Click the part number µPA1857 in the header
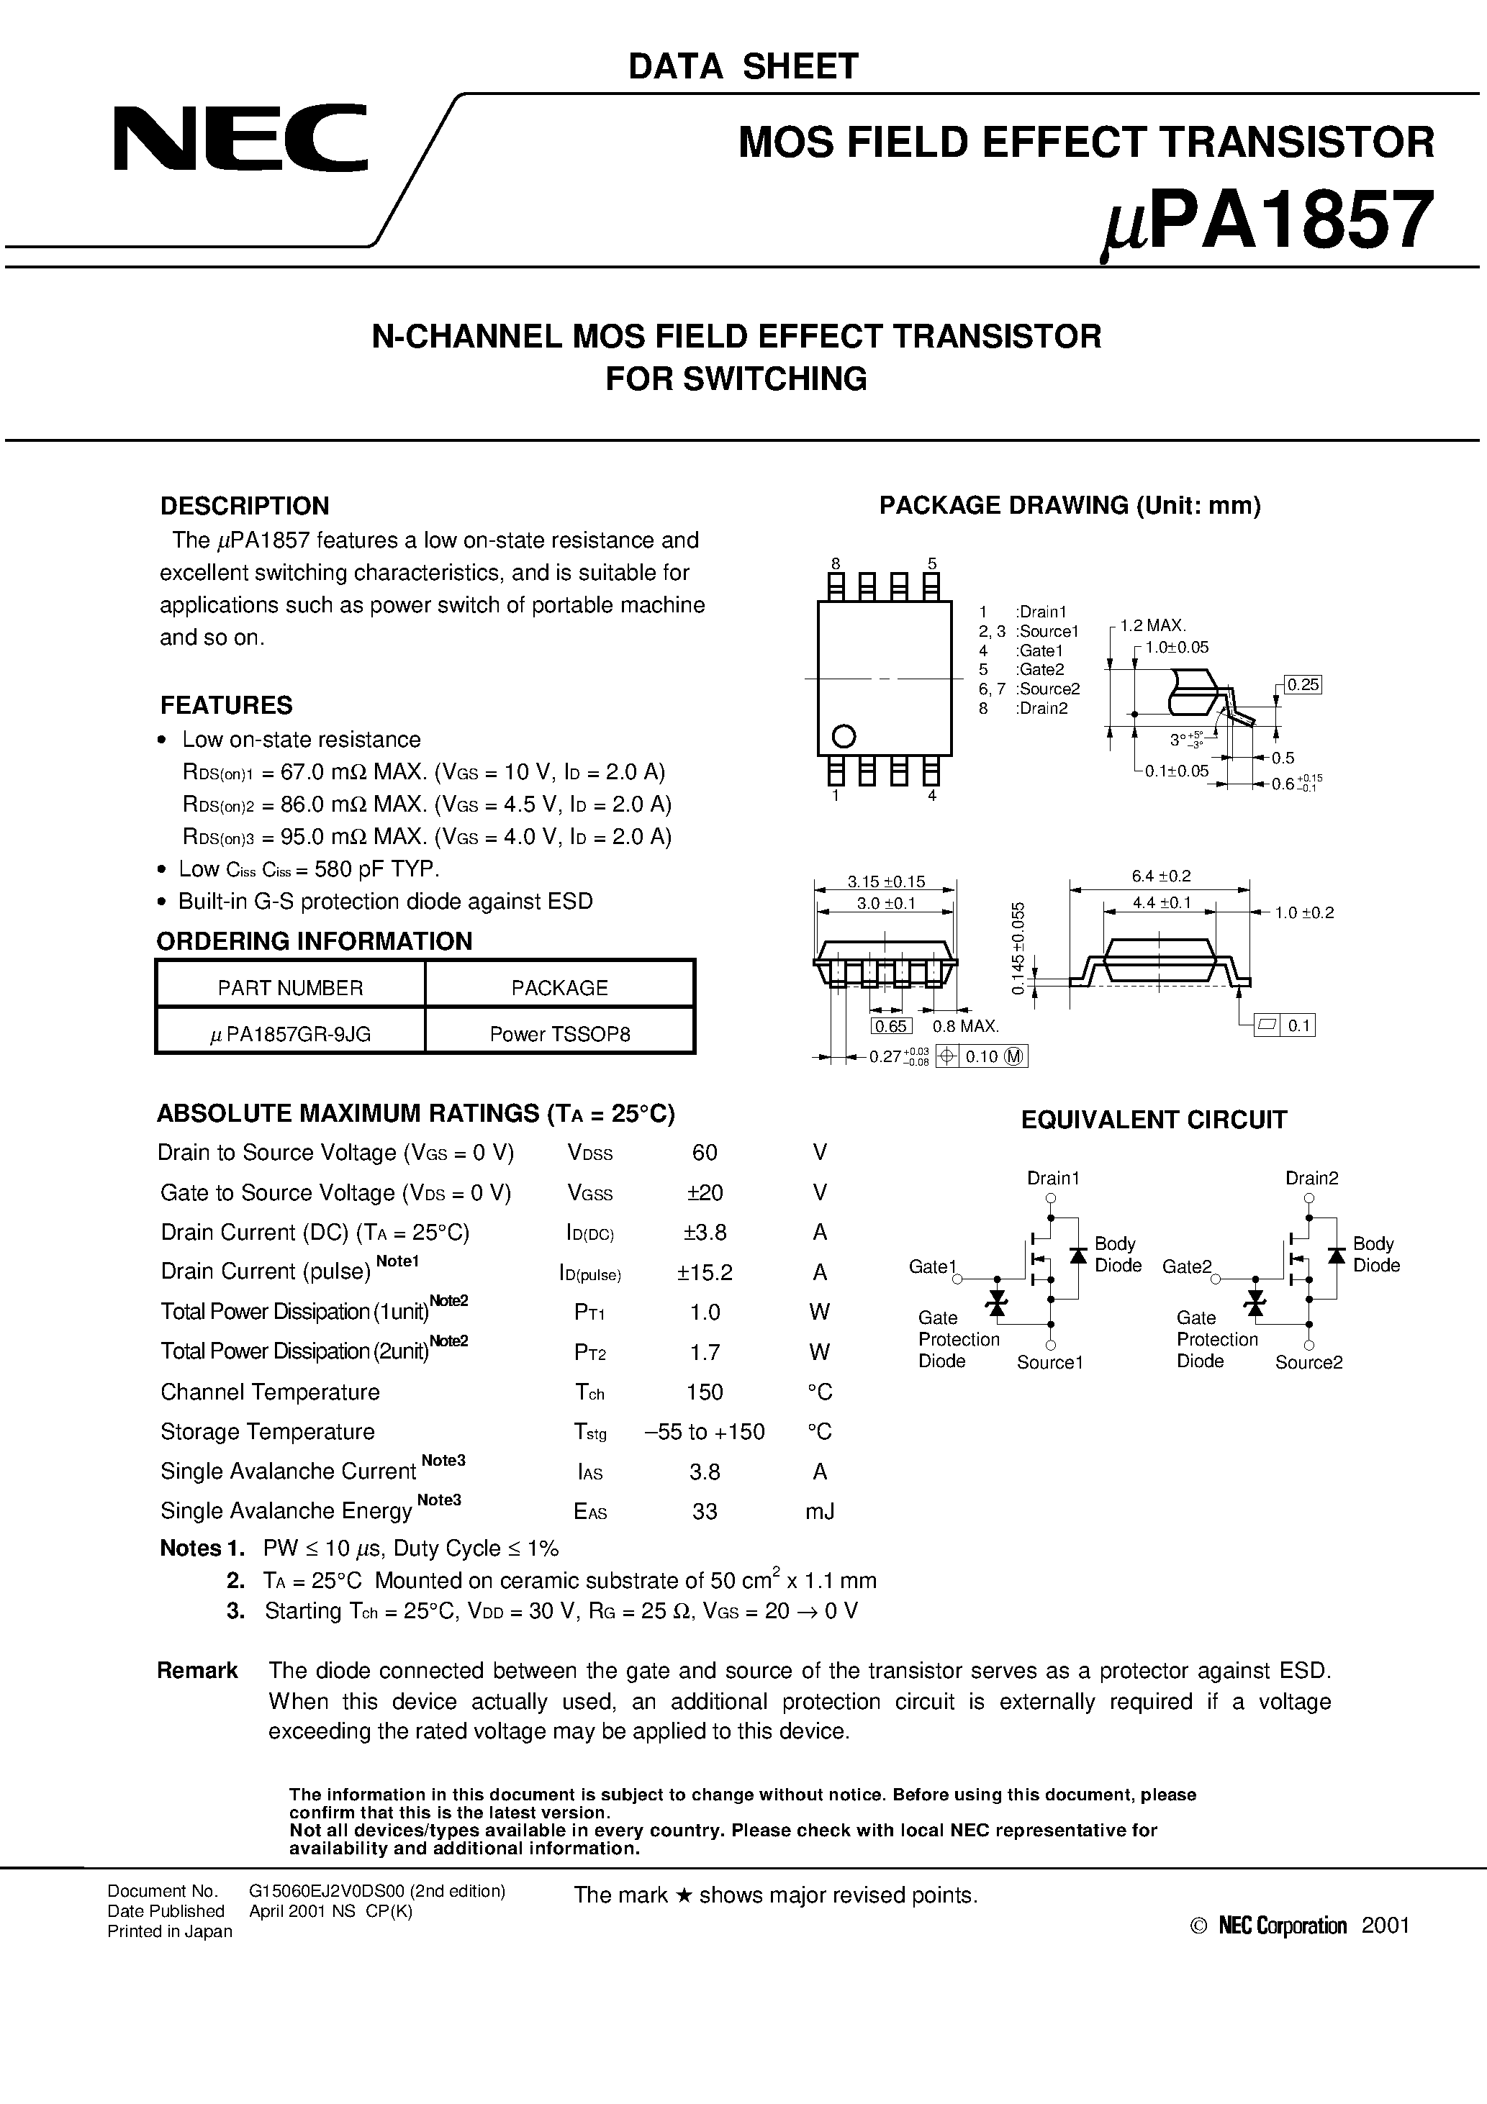click(1265, 222)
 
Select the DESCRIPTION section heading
click(244, 506)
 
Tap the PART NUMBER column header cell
click(290, 987)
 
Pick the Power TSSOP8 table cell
click(559, 1034)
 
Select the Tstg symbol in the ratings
click(589, 1433)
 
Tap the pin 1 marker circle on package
click(843, 736)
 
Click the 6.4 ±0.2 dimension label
click(1161, 876)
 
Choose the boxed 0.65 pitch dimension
click(890, 1026)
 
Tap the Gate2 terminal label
click(1186, 1266)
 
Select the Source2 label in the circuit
click(1309, 1363)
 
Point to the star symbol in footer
click(682, 1895)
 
